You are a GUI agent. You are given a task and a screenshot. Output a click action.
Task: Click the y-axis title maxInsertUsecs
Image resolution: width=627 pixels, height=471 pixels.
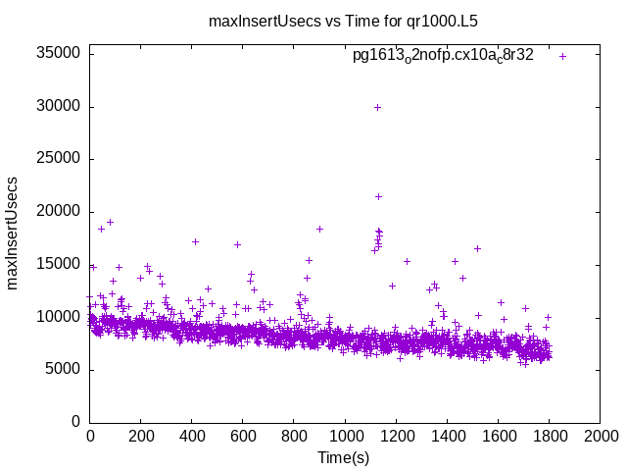(14, 234)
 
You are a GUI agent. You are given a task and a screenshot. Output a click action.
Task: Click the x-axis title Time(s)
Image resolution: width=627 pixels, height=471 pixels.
(343, 457)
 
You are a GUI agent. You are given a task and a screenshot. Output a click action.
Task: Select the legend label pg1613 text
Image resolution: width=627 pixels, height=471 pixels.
(443, 56)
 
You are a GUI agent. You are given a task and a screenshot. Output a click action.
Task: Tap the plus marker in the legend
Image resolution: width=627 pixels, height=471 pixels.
(562, 56)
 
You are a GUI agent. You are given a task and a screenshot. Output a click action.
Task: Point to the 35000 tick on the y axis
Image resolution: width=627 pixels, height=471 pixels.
(58, 54)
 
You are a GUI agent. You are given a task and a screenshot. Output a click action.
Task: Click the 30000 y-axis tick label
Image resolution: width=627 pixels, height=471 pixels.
(58, 107)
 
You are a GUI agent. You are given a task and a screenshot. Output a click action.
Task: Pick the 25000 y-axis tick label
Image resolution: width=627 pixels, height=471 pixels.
(58, 159)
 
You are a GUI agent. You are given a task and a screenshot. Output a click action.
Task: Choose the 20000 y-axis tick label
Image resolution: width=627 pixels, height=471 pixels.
(58, 212)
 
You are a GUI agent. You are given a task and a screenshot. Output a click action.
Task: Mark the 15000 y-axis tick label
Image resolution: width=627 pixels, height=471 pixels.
(58, 264)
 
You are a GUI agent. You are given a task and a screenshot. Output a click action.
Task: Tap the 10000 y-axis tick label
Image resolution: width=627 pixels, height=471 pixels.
(58, 317)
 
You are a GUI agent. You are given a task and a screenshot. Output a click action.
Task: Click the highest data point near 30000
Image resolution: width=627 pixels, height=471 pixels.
(377, 107)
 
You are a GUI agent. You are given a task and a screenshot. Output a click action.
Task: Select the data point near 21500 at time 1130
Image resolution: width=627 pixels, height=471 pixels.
(378, 196)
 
